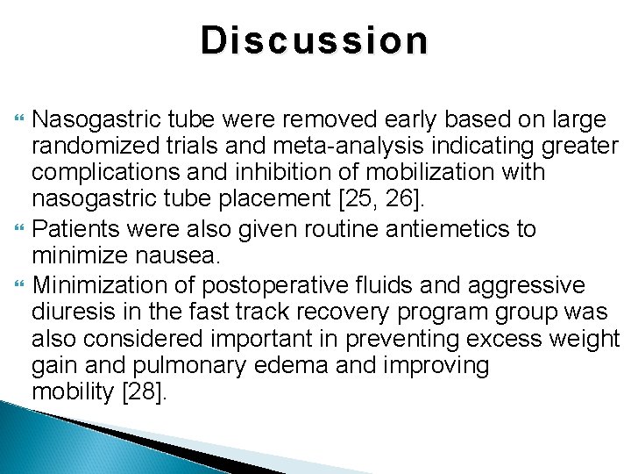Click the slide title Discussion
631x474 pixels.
pos(315,40)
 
